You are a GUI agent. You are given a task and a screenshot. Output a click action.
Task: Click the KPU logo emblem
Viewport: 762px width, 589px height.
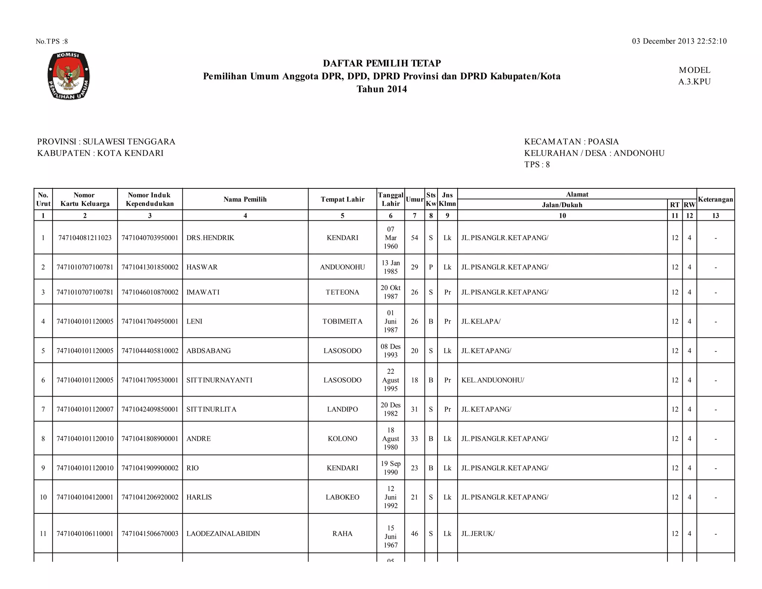69,76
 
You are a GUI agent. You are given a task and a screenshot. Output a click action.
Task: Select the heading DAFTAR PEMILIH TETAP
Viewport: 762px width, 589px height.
382,63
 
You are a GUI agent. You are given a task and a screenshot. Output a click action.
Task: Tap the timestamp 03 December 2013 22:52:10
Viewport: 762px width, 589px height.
679,41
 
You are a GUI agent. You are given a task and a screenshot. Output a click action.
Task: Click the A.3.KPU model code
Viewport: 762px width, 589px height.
694,82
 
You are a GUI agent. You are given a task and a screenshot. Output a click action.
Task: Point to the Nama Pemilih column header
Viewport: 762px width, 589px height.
245,199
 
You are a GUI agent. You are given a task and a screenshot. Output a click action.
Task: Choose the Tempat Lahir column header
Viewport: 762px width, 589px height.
342,199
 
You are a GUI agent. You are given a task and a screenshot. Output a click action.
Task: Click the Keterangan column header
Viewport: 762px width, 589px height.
715,199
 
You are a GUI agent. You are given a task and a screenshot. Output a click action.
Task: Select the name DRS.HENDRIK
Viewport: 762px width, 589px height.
210,238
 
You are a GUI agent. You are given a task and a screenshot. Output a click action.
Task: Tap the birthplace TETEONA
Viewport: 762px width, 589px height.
342,292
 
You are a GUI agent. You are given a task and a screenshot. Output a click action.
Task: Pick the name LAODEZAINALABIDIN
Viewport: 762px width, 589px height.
223,534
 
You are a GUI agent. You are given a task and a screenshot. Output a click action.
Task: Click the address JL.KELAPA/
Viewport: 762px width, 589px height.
481,321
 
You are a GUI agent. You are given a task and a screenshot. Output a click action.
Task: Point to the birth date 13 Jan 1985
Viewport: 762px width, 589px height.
390,267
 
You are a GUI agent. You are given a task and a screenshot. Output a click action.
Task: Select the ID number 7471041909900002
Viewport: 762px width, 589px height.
150,468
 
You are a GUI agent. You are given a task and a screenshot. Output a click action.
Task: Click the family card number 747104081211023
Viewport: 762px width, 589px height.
85,238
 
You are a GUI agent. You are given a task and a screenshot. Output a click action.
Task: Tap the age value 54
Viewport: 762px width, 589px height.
414,238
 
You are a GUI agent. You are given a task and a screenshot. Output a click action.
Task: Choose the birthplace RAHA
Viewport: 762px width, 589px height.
342,534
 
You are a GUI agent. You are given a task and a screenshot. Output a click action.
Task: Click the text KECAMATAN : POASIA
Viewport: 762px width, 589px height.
571,142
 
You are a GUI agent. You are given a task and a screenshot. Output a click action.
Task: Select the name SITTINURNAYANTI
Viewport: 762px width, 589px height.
219,380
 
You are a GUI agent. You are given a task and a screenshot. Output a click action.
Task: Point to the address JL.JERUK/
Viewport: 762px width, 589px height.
478,534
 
